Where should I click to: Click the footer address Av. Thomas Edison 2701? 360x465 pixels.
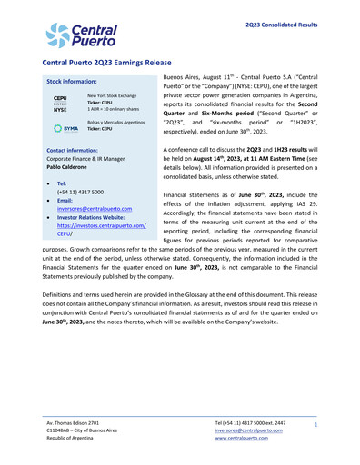click(80, 424)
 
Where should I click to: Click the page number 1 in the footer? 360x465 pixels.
click(315, 425)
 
